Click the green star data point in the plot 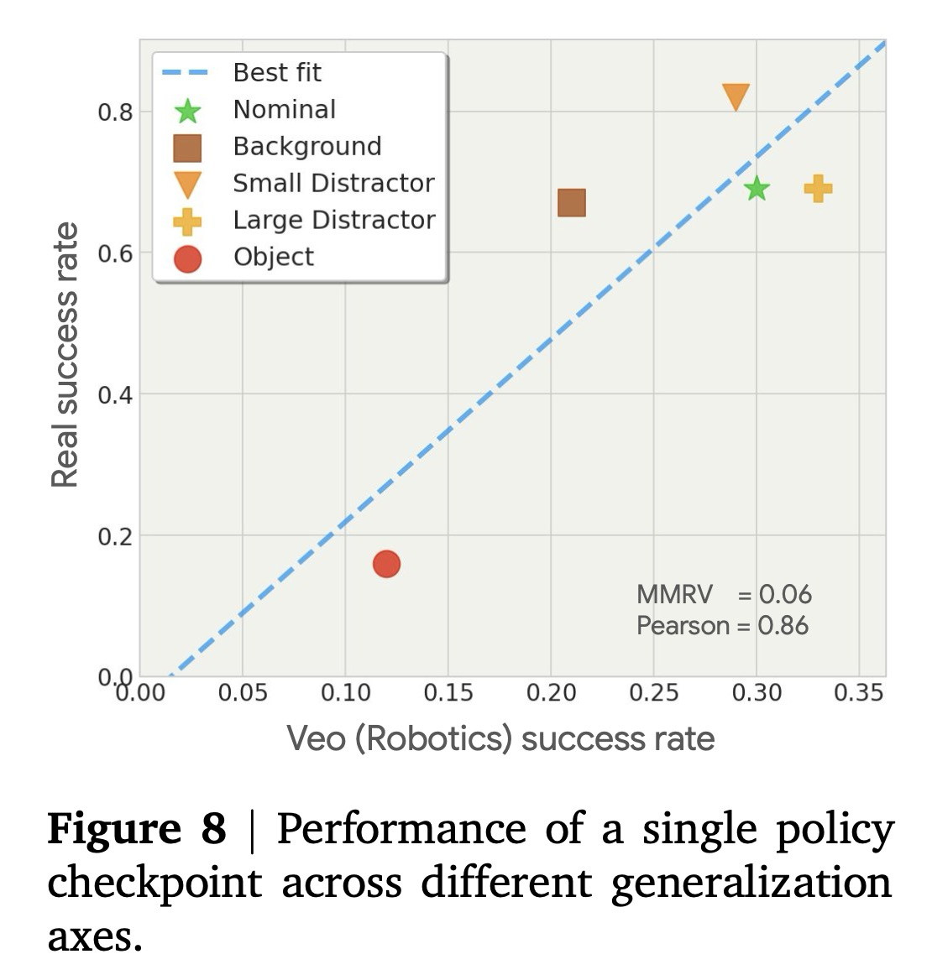tap(757, 189)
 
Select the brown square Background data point tap(571, 203)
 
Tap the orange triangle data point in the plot tap(736, 96)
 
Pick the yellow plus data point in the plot tap(818, 189)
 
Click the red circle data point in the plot tap(386, 564)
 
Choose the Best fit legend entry tap(277, 73)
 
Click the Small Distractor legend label tap(333, 183)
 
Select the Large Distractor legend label tap(334, 220)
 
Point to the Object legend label tap(274, 257)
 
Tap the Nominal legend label tap(285, 110)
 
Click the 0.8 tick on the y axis tap(116, 112)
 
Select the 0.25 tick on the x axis tap(654, 693)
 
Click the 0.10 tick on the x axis tap(345, 693)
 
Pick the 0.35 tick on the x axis tap(859, 693)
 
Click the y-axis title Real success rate tap(65, 355)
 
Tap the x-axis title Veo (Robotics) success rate tap(500, 739)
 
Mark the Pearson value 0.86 tap(783, 626)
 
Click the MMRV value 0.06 tap(785, 595)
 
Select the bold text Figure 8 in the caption tap(137, 830)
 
